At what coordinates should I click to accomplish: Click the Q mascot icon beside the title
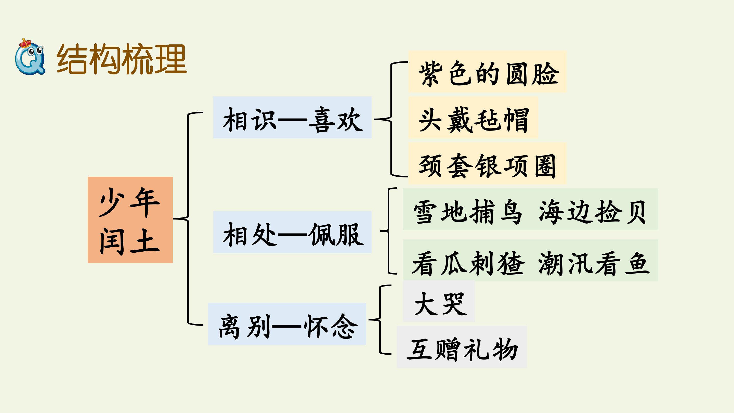(x=30, y=57)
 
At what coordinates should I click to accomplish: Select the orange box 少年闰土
(x=130, y=220)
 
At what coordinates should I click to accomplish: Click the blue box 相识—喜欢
(x=292, y=118)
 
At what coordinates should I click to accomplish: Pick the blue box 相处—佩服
(x=292, y=232)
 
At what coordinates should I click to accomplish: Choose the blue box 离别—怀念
(x=287, y=324)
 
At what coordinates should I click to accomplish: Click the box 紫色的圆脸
(x=487, y=72)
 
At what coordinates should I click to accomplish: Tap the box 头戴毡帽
(x=473, y=118)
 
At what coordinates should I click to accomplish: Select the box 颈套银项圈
(x=487, y=163)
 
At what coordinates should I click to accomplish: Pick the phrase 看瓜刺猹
(x=468, y=263)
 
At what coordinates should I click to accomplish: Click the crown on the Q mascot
(x=25, y=43)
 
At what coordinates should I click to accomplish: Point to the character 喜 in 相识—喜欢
(x=321, y=120)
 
